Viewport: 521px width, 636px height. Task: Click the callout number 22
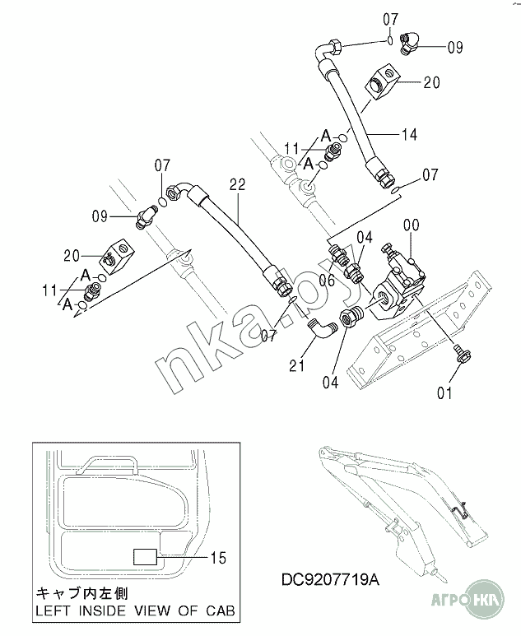pyautogui.click(x=237, y=184)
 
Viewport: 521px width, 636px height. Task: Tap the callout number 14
pyautogui.click(x=409, y=134)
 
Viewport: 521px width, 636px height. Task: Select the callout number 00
pyautogui.click(x=411, y=225)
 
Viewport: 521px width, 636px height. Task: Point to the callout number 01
pyautogui.click(x=444, y=392)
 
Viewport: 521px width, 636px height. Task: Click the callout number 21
pyautogui.click(x=296, y=366)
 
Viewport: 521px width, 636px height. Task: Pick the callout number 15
pyautogui.click(x=218, y=558)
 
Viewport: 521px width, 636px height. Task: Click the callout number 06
pyautogui.click(x=327, y=280)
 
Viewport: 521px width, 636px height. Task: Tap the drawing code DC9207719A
pyautogui.click(x=331, y=580)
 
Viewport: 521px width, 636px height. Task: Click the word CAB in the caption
pyautogui.click(x=221, y=610)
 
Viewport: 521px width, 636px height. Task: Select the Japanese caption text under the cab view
pyautogui.click(x=82, y=594)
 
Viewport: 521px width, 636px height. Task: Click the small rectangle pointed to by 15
pyautogui.click(x=145, y=556)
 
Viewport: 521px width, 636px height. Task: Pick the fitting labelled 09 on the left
pyautogui.click(x=146, y=217)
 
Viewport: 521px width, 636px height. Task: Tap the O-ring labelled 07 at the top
pyautogui.click(x=389, y=40)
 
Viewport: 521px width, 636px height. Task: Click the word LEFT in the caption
pyautogui.click(x=54, y=610)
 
